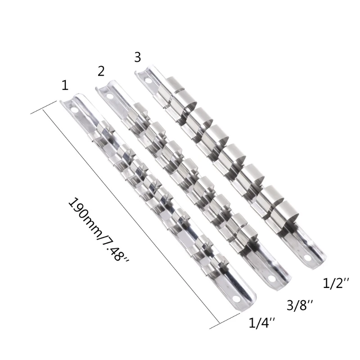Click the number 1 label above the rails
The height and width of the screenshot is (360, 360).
click(x=66, y=85)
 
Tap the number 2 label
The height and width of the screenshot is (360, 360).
click(x=101, y=71)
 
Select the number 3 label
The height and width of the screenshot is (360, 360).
click(x=137, y=57)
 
